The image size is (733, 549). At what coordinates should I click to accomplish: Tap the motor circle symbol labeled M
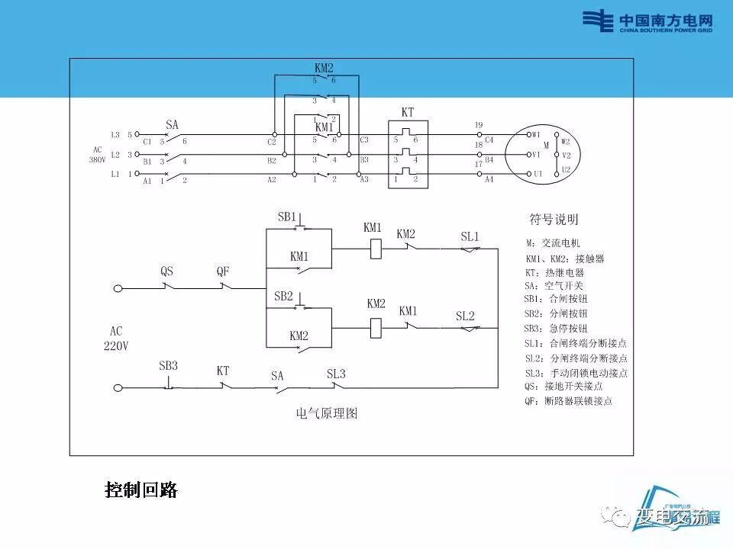546,155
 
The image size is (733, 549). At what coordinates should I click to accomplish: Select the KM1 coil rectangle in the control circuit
376,249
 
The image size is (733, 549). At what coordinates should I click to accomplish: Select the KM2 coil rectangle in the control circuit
376,327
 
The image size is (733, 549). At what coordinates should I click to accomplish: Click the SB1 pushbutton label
286,217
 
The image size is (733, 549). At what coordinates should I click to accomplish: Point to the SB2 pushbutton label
283,296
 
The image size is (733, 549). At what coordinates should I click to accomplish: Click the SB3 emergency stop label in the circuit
168,366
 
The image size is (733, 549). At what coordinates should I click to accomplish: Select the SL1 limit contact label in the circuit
470,236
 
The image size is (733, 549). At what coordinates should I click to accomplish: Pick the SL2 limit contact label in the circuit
465,316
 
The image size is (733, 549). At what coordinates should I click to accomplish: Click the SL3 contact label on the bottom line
336,374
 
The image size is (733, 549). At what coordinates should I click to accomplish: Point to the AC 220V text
116,339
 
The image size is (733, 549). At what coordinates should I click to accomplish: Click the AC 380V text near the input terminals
96,155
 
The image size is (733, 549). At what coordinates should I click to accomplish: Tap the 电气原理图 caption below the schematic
327,414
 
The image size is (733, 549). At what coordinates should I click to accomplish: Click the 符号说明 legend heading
554,220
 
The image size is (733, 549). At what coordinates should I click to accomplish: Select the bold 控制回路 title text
141,490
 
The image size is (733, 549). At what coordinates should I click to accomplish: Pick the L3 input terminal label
115,135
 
